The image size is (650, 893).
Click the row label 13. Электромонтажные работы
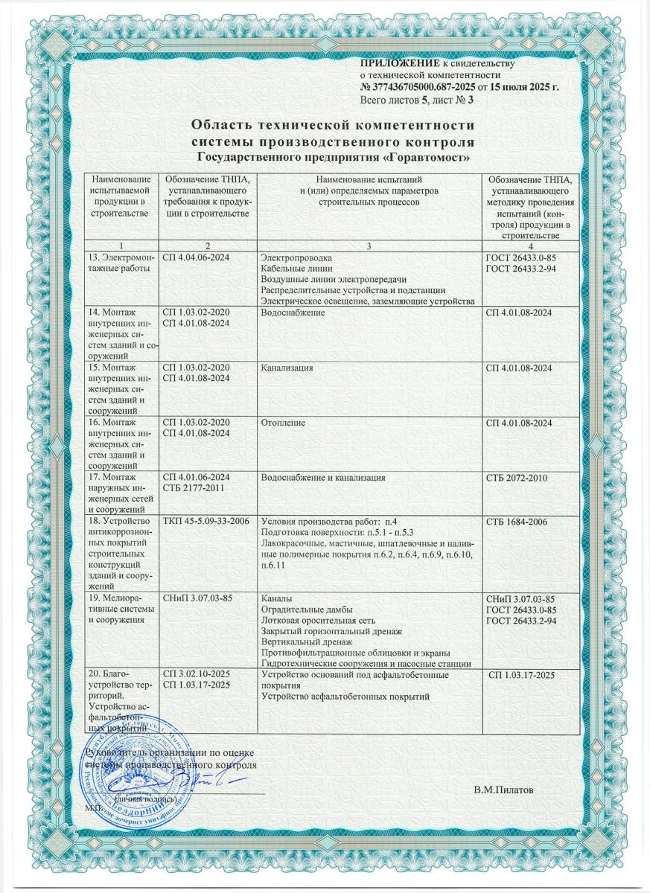[x=117, y=262]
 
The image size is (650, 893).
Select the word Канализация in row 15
[x=286, y=368]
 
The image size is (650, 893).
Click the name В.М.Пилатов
[x=503, y=789]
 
